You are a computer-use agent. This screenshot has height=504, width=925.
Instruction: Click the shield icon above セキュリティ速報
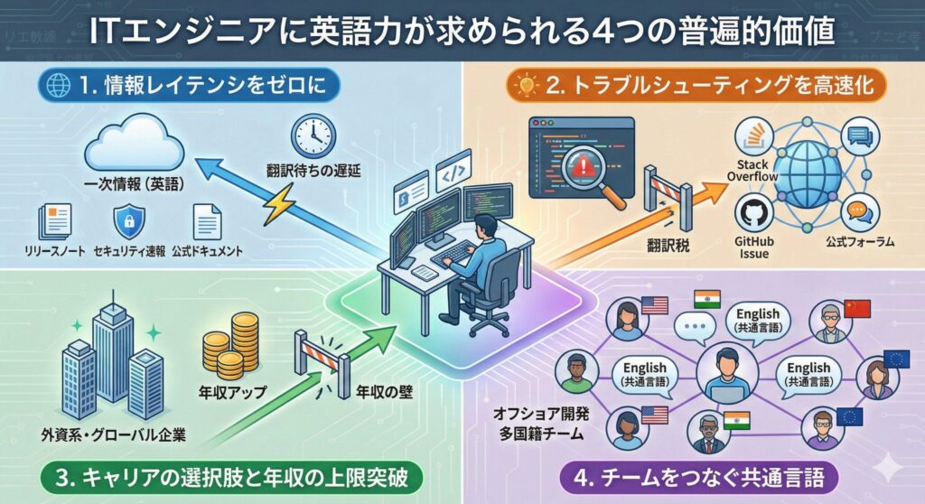pyautogui.click(x=126, y=220)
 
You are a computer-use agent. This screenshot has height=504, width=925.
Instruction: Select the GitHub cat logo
pyautogui.click(x=750, y=215)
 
